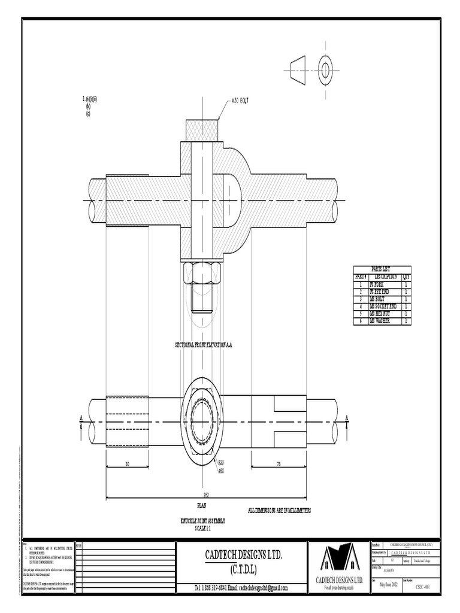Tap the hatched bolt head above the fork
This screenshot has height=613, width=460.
202,130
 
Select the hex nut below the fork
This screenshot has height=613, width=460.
202,274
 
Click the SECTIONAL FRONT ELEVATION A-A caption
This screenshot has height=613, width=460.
203,345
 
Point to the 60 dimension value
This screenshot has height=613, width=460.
127,464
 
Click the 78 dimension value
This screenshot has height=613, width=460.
279,464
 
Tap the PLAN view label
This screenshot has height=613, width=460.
202,506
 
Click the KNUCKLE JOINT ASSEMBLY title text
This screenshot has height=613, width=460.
203,521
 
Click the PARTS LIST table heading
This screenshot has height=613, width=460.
381,269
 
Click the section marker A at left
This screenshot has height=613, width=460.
80,419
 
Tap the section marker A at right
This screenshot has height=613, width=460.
347,418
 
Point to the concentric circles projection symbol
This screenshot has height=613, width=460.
326,71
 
